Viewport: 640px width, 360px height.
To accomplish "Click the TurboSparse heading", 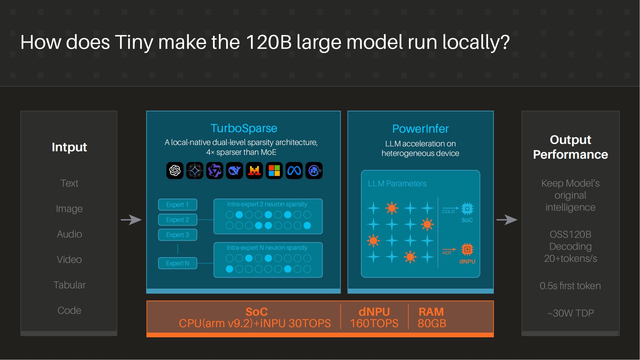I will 244,128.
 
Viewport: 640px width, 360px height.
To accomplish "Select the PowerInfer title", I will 420,129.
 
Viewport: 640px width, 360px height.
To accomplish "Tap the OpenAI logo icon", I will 175,171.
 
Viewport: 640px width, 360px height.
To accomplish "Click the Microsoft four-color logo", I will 274,171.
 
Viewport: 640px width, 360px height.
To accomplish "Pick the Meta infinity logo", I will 294,171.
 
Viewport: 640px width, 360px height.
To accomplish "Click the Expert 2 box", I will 177,220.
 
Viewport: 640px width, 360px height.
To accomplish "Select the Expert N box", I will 177,263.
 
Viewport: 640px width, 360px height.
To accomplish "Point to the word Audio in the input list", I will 69,234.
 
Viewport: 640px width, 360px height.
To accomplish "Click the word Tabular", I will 69,285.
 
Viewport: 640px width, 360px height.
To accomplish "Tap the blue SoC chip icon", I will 467,209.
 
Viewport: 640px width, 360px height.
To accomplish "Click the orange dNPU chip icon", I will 467,249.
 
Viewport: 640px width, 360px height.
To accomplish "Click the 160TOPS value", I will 374,323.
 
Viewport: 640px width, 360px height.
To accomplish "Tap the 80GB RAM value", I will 432,323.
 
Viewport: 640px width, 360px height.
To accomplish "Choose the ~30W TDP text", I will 570,313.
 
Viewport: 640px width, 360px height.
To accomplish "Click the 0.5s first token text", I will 570,286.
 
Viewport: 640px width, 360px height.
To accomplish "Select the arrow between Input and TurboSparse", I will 131,220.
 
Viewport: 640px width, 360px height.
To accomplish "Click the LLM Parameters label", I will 397,184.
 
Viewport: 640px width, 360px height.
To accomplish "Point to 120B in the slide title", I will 268,42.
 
